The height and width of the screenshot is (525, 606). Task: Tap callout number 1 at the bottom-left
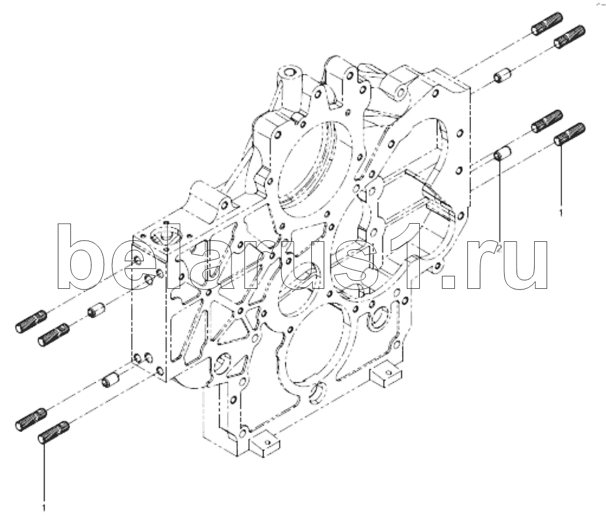pos(44,507)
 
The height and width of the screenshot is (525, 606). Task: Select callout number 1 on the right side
pos(561,212)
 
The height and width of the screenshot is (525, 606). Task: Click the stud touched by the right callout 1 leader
pos(570,134)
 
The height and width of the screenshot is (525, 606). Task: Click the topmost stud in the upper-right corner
pos(547,24)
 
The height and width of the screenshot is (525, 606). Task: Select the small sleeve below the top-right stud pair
pos(502,75)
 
